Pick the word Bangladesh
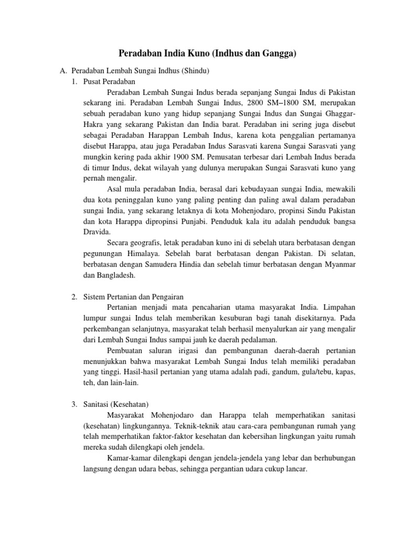[115, 275]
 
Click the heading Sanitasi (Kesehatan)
[116, 404]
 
